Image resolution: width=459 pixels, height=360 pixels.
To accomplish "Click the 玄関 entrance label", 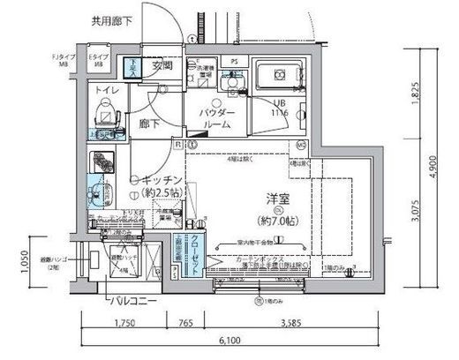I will coord(161,64).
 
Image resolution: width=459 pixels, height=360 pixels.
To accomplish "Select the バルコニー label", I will coord(135,302).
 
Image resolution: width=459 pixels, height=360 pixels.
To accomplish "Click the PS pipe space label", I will coord(234,62).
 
